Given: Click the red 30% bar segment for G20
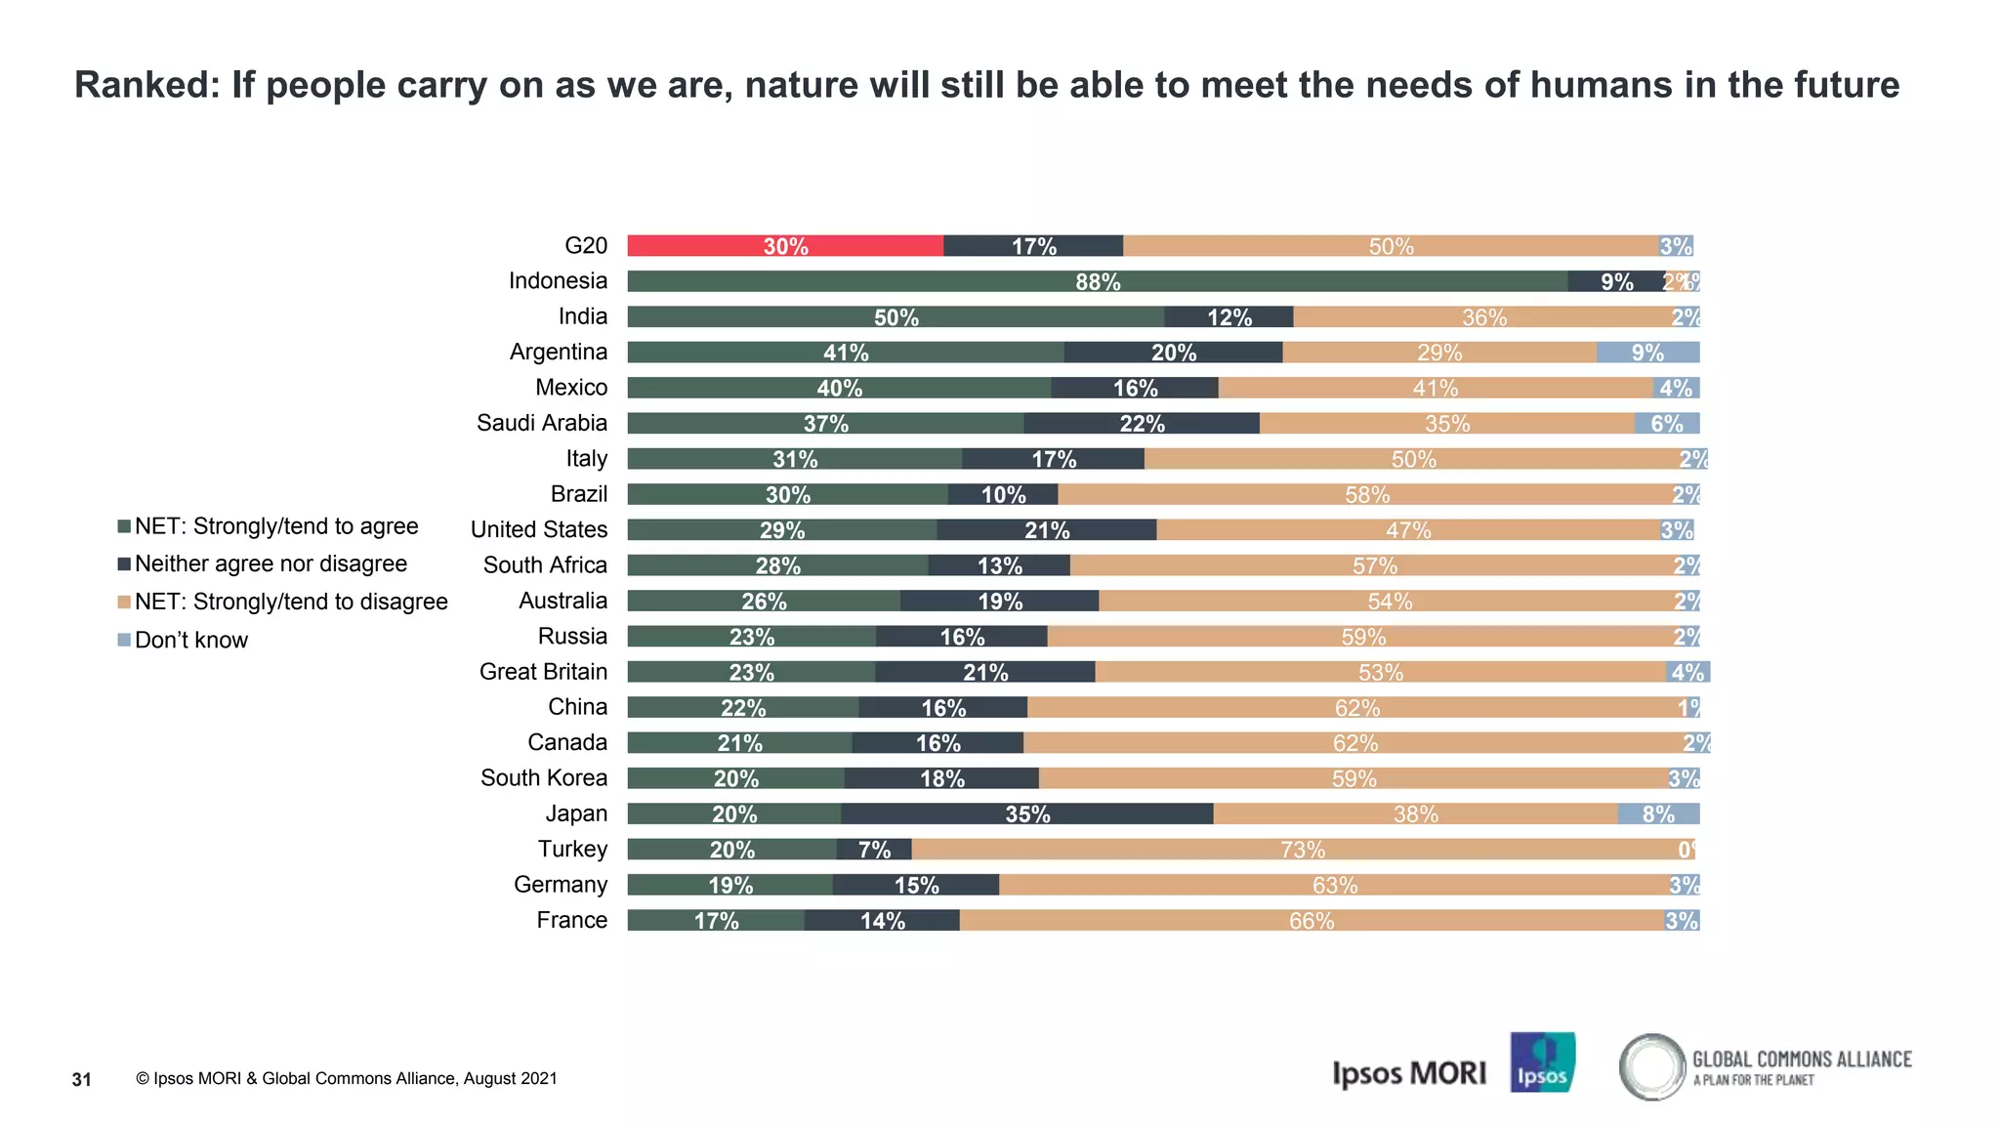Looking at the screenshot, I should (x=785, y=246).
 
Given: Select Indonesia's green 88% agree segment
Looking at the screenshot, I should (x=1097, y=281).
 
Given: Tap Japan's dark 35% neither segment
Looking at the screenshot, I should (x=1026, y=813).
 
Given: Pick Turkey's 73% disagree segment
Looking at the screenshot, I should (x=1302, y=850).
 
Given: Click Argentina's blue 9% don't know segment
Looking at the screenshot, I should (x=1647, y=353).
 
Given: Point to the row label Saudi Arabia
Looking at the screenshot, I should (x=541, y=423).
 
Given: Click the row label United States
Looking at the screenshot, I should (x=538, y=529).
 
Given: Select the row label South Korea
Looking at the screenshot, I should (x=543, y=777).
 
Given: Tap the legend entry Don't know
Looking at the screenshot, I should (x=190, y=640).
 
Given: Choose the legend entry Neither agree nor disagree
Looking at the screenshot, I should (x=271, y=563).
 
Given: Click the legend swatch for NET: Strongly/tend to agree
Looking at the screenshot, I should (x=124, y=526).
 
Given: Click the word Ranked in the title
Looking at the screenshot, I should (x=146, y=85).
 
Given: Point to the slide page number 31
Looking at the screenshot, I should (x=82, y=1079).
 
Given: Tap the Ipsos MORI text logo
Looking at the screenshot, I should (x=1408, y=1073).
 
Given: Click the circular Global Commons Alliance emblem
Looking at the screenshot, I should (x=1652, y=1066).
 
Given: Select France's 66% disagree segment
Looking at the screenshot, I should (x=1311, y=920).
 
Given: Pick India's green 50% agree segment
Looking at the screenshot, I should (x=895, y=317).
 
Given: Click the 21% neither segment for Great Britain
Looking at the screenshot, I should (x=984, y=672).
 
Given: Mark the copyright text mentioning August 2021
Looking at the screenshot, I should (x=347, y=1078).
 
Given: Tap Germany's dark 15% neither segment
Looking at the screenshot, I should (x=915, y=885).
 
